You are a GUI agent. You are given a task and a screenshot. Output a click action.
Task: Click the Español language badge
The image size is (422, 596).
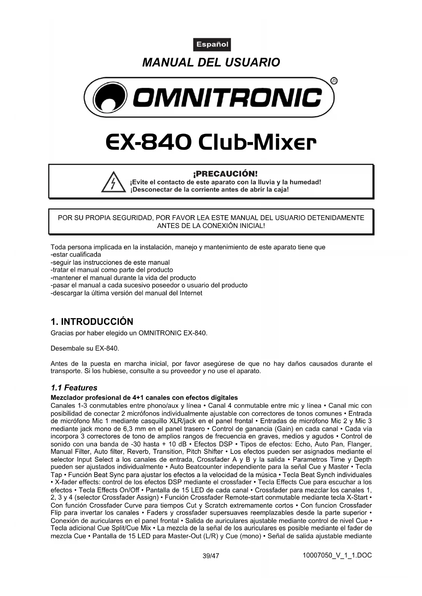tap(212, 45)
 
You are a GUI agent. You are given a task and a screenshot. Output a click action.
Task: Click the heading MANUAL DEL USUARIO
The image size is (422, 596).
tap(211, 63)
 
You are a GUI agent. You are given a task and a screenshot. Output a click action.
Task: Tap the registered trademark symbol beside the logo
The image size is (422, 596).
tap(334, 81)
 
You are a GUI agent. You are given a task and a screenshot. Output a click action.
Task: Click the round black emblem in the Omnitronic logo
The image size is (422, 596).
tap(110, 97)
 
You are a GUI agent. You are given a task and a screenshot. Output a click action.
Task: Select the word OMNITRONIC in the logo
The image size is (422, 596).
tap(227, 97)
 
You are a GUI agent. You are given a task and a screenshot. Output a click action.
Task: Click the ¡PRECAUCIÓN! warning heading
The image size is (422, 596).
tap(225, 174)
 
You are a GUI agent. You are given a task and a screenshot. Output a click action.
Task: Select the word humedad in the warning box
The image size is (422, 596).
tap(305, 182)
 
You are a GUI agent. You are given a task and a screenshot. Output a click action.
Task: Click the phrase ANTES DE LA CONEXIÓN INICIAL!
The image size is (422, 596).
tap(211, 226)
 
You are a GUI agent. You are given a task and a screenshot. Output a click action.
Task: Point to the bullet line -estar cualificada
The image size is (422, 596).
tap(75, 255)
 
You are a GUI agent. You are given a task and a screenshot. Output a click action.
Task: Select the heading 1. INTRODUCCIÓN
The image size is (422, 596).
tap(92, 321)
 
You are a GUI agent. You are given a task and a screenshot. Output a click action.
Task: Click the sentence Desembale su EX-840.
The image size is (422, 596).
tap(85, 348)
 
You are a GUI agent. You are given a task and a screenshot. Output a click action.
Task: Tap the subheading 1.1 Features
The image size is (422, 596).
tap(74, 388)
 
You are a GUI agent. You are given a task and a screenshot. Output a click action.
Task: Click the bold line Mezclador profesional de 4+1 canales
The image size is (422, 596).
tap(144, 398)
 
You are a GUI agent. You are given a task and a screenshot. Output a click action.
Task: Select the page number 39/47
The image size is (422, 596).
tap(211, 556)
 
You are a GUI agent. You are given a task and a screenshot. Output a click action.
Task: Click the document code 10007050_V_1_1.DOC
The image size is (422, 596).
tap(337, 556)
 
